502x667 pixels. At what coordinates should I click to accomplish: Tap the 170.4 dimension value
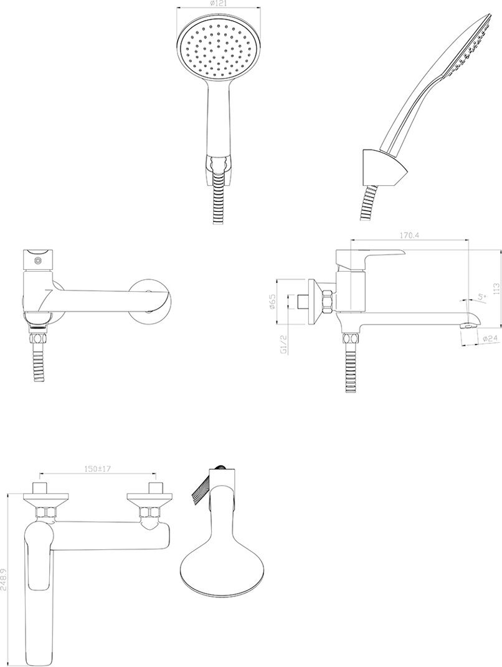point(408,236)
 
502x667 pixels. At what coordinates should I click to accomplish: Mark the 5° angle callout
point(481,297)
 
